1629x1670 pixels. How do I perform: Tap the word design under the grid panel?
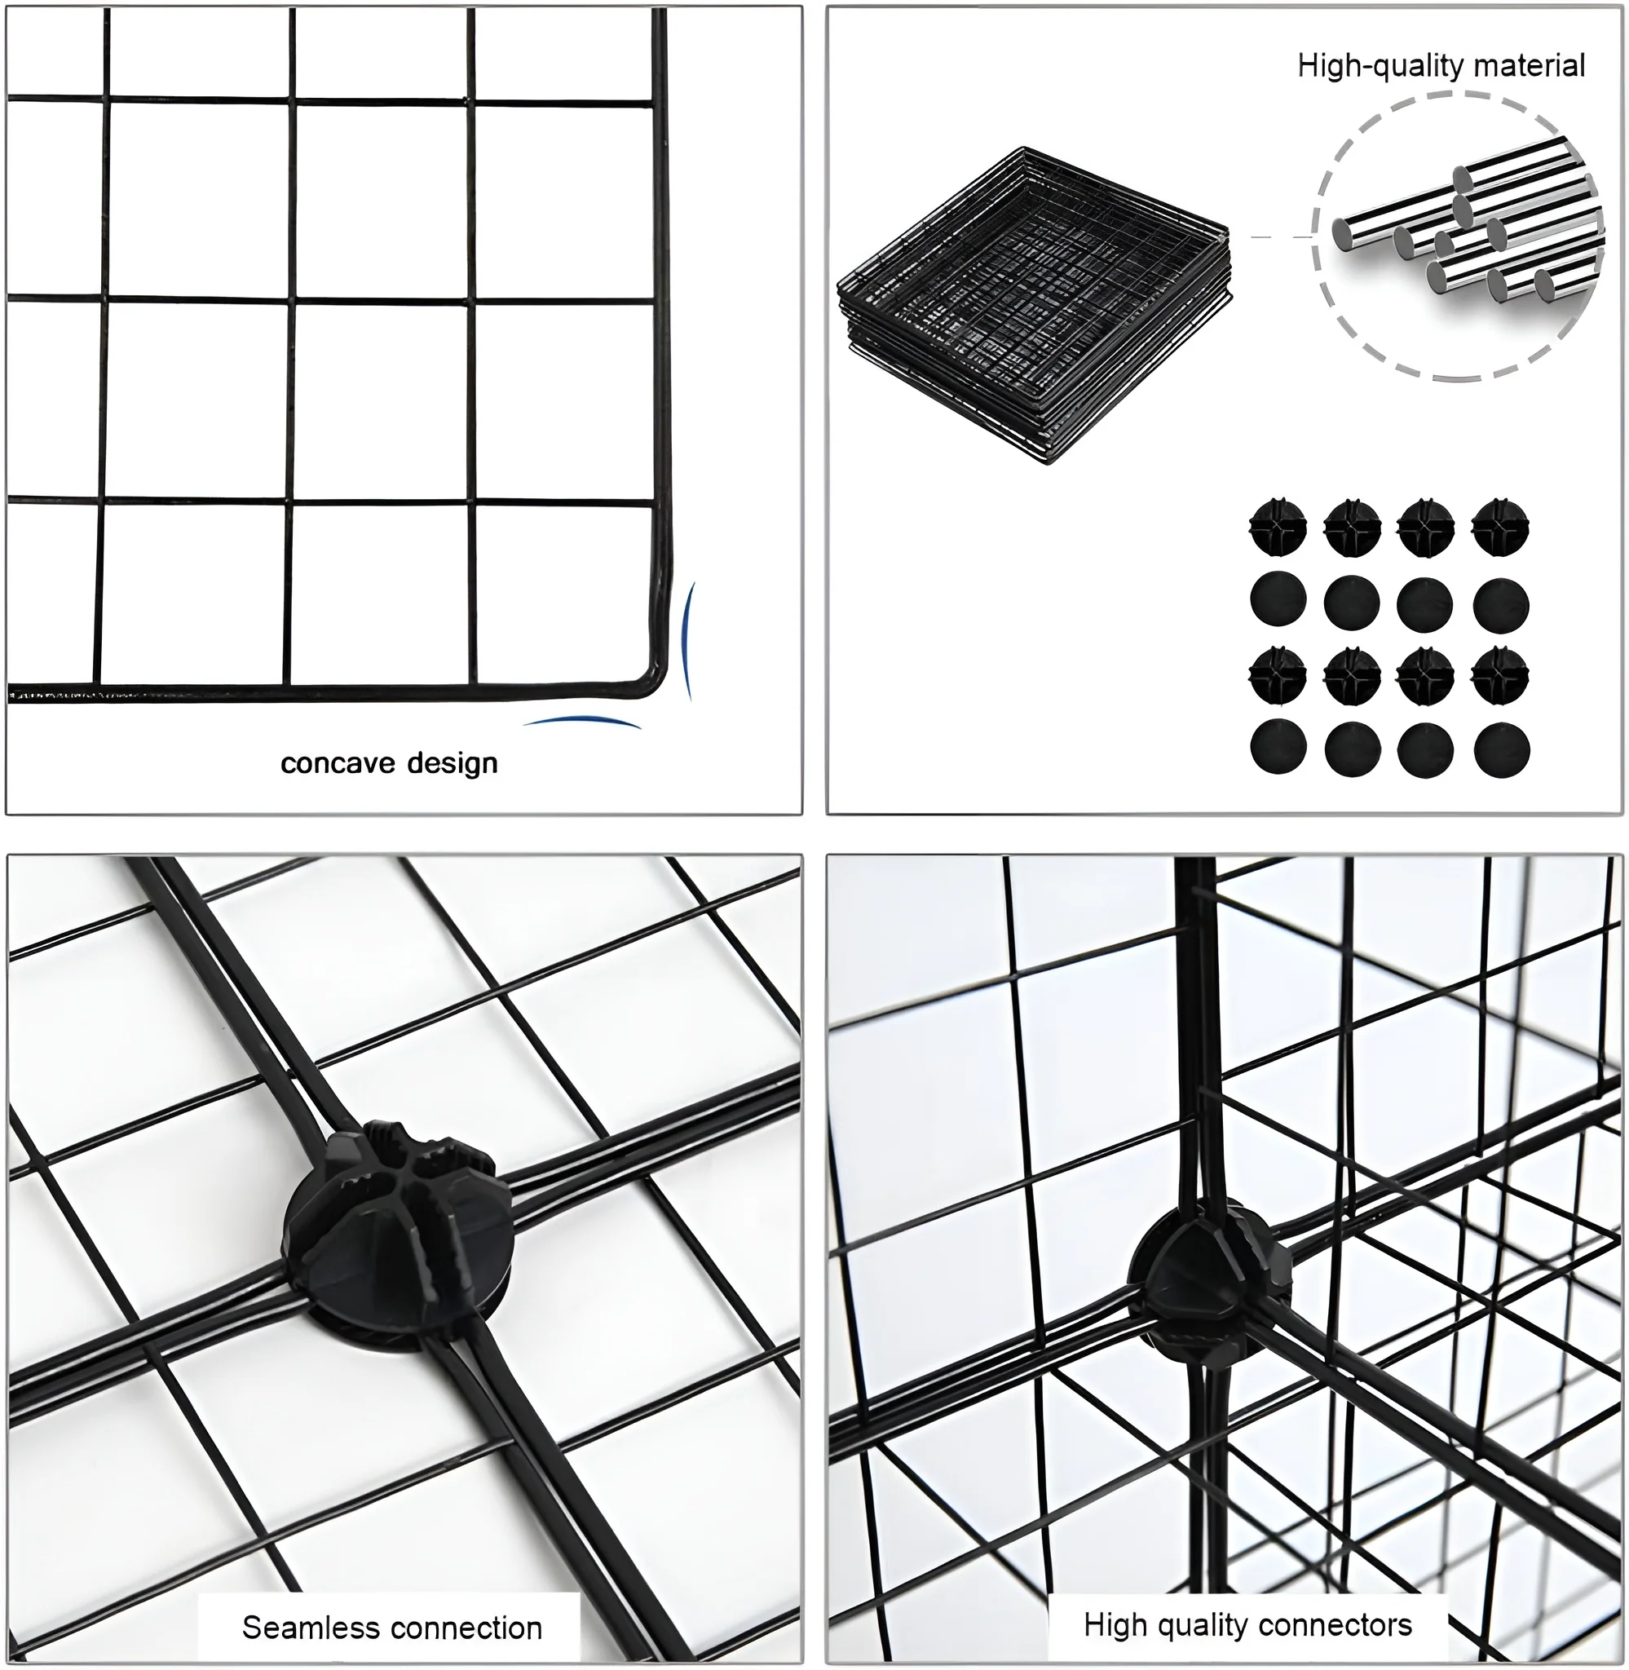[x=452, y=762]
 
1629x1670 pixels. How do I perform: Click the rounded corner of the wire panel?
[x=652, y=681]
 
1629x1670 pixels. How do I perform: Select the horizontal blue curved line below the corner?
[x=582, y=721]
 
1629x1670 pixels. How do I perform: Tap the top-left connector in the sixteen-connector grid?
[x=1278, y=527]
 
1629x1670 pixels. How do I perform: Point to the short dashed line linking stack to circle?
[x=1281, y=236]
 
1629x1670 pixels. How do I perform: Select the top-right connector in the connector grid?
[x=1501, y=527]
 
